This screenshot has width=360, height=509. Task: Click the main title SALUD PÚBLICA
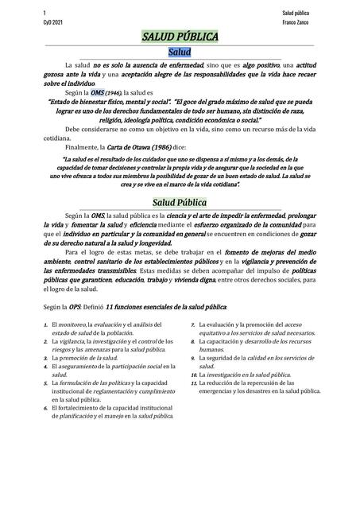180,37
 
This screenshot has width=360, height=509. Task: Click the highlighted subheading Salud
180,51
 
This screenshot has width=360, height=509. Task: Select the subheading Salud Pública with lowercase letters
180,202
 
